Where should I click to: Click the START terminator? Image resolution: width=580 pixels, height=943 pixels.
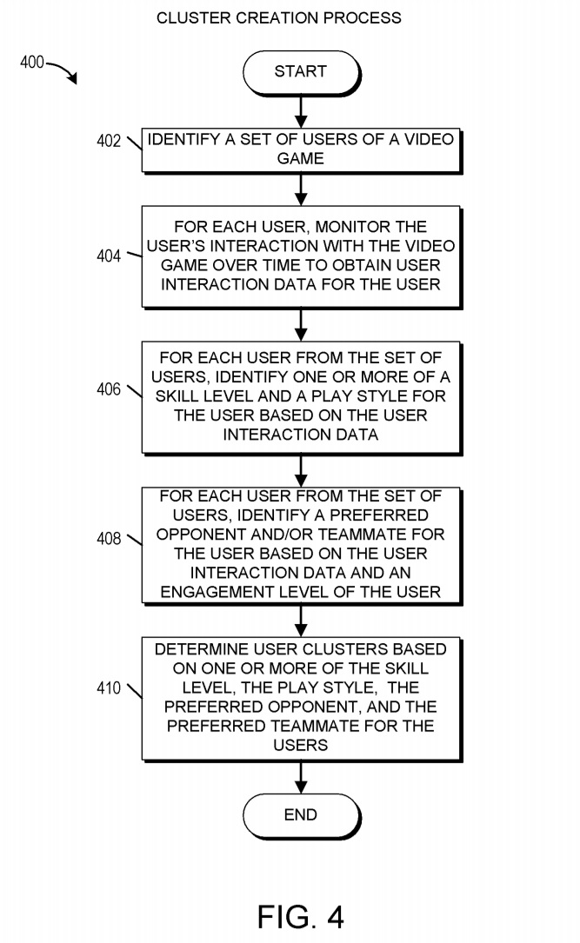click(x=300, y=72)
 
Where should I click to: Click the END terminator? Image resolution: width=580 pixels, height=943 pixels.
click(x=300, y=815)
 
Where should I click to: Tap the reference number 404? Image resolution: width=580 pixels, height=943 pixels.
click(x=109, y=256)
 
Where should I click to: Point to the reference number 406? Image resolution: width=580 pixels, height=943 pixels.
click(x=109, y=389)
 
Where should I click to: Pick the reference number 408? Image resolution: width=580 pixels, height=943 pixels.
click(x=109, y=539)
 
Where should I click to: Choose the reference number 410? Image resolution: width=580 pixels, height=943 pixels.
click(x=109, y=689)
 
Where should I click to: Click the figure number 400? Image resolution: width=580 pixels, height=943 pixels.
click(x=32, y=63)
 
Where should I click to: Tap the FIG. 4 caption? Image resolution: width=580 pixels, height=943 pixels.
click(x=301, y=916)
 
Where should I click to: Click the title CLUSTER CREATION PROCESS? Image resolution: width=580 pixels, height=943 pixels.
click(x=278, y=17)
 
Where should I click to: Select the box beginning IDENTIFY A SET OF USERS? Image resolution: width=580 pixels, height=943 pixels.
click(x=300, y=149)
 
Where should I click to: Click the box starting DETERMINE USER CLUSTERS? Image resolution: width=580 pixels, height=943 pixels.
click(x=300, y=698)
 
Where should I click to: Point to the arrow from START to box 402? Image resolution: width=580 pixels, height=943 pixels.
click(x=300, y=110)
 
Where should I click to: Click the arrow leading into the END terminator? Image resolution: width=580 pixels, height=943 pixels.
click(x=300, y=775)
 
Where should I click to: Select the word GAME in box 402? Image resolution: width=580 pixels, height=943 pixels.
click(x=300, y=159)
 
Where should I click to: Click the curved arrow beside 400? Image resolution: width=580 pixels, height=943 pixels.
click(x=62, y=73)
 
